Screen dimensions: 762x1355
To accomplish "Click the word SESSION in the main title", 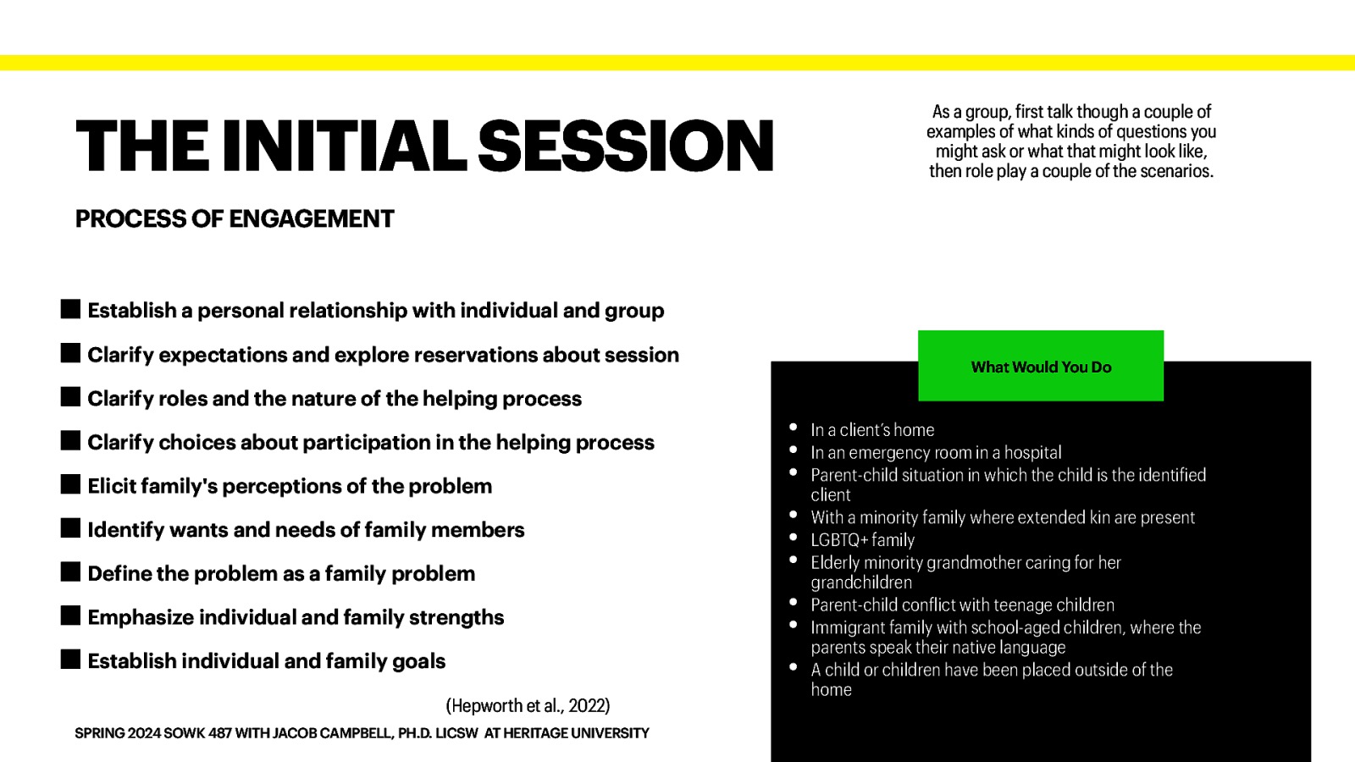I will pos(626,146).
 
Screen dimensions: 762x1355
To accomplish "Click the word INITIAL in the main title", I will pos(344,146).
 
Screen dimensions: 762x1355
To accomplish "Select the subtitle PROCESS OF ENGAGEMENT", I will pos(235,219).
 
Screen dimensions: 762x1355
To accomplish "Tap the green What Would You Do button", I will pos(1041,367).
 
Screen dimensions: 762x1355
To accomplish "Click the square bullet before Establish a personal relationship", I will pos(71,309).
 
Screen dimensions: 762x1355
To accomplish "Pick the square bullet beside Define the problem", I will pos(71,572).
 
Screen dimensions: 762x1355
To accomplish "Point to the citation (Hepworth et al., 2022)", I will pos(528,705).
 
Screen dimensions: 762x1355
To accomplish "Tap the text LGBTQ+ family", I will pos(862,540).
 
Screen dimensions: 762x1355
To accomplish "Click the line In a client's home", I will pos(872,430).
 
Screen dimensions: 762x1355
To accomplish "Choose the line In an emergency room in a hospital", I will pos(936,453).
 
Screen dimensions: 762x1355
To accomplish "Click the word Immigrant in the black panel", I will pos(846,627).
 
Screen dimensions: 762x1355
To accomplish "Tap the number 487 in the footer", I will pos(220,733).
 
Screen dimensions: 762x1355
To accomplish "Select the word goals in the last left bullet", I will pos(418,661).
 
